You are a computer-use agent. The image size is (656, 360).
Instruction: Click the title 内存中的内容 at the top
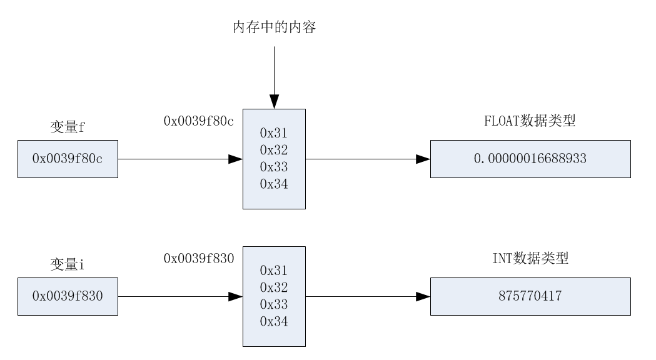[x=274, y=27]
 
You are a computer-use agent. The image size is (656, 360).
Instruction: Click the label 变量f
[x=68, y=127]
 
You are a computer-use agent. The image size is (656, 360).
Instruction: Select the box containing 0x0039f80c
[x=68, y=159]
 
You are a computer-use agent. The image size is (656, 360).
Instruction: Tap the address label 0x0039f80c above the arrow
[x=198, y=121]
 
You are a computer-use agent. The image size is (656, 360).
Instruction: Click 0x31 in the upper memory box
[x=274, y=133]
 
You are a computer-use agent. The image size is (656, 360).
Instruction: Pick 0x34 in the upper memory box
[x=274, y=184]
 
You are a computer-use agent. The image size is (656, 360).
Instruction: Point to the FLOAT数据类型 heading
[x=530, y=121]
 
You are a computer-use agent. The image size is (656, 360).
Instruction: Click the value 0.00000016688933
[x=530, y=159]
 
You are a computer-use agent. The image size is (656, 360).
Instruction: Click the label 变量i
[x=68, y=264]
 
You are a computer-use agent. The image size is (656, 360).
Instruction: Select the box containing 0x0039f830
[x=68, y=296]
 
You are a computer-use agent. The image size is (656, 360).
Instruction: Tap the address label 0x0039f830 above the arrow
[x=198, y=258]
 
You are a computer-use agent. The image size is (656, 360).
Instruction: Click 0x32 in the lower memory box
[x=274, y=287]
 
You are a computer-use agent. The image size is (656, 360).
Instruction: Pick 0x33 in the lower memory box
[x=274, y=304]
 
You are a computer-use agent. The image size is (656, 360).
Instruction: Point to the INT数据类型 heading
[x=530, y=258]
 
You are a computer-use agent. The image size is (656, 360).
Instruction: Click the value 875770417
[x=530, y=296]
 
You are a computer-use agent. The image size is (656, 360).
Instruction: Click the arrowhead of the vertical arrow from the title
[x=274, y=102]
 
